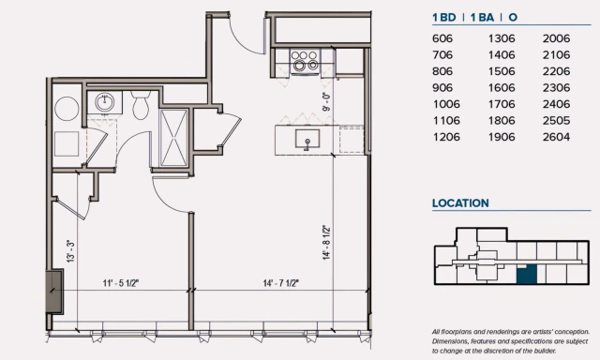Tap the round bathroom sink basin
pyautogui.click(x=104, y=102)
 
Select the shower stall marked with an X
pyautogui.click(x=173, y=138)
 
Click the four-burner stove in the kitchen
pyautogui.click(x=305, y=60)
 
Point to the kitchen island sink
pyautogui.click(x=307, y=139)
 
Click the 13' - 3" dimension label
pyautogui.click(x=70, y=251)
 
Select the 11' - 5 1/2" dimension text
pyautogui.click(x=121, y=283)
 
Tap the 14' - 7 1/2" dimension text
pyautogui.click(x=281, y=283)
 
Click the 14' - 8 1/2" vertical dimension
pyautogui.click(x=326, y=243)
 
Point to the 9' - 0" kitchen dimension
pyautogui.click(x=326, y=101)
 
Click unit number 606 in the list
pyautogui.click(x=442, y=38)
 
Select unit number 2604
pyautogui.click(x=556, y=137)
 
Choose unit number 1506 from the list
pyautogui.click(x=502, y=71)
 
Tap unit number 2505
pyautogui.click(x=556, y=121)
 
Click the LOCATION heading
pyautogui.click(x=460, y=203)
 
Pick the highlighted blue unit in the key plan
pyautogui.click(x=527, y=274)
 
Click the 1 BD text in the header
pyautogui.click(x=444, y=18)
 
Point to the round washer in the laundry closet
pyautogui.click(x=67, y=109)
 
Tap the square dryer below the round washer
pyautogui.click(x=67, y=143)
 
